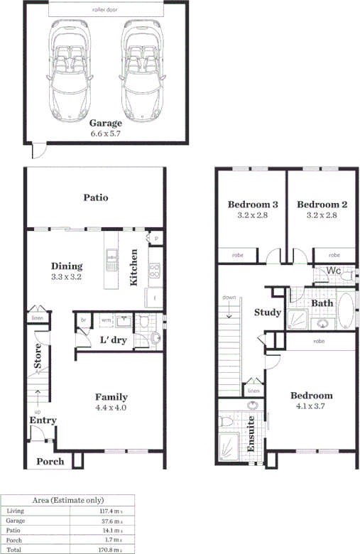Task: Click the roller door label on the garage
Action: click(x=106, y=10)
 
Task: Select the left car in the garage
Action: click(x=70, y=72)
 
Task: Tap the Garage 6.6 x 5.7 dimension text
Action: click(x=106, y=133)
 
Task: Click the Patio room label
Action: click(x=95, y=197)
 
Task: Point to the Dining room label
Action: click(x=67, y=266)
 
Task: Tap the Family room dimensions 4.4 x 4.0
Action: click(x=111, y=408)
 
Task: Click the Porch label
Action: click(x=50, y=461)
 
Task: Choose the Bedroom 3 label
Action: click(x=252, y=205)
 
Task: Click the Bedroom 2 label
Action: click(x=322, y=205)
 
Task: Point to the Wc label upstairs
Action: click(x=333, y=271)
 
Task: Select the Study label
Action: click(x=267, y=313)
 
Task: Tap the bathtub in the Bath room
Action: click(x=345, y=312)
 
